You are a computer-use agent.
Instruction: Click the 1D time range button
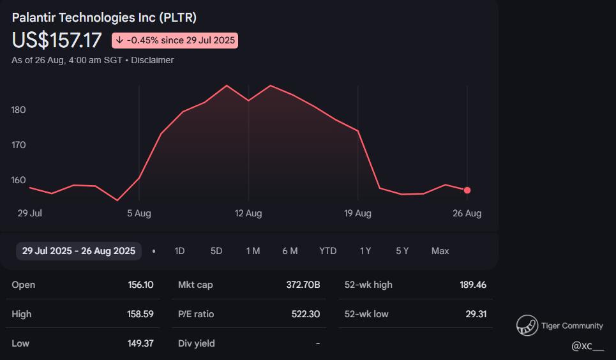click(x=179, y=251)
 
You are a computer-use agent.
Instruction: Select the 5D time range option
click(x=216, y=251)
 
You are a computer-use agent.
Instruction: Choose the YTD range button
click(x=327, y=251)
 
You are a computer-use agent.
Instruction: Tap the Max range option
click(x=440, y=251)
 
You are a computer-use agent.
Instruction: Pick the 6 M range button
click(x=290, y=251)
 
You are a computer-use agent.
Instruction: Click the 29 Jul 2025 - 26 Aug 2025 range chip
click(x=79, y=251)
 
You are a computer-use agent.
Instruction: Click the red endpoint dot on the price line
click(x=467, y=190)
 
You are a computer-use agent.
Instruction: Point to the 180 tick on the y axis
click(x=19, y=110)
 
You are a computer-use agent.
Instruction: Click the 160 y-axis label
click(x=19, y=180)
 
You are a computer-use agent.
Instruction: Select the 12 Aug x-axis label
click(x=248, y=213)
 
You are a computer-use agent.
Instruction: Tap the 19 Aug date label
click(x=357, y=213)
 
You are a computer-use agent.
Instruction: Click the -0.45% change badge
click(x=175, y=40)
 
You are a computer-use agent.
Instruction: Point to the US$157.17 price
click(x=57, y=40)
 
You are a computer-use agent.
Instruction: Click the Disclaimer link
click(x=153, y=60)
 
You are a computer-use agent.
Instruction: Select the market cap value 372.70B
click(x=303, y=285)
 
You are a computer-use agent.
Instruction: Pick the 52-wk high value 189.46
click(x=472, y=285)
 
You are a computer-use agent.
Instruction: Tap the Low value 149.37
click(x=140, y=343)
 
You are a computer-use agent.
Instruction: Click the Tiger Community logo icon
click(x=527, y=326)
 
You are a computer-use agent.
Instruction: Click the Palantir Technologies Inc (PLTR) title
click(x=104, y=18)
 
